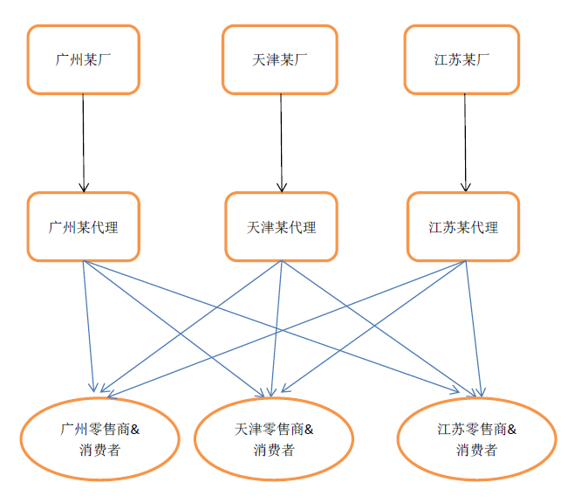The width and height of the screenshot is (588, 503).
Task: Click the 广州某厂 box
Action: pos(84,59)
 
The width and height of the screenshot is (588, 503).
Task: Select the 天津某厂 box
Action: pos(279,59)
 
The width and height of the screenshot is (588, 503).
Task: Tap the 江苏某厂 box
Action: pos(462,59)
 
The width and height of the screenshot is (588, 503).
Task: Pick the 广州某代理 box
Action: pos(84,227)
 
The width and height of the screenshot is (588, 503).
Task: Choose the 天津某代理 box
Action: pos(281,227)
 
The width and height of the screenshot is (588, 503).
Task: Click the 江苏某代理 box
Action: pos(463,227)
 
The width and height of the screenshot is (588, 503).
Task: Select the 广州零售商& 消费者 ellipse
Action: pos(100,439)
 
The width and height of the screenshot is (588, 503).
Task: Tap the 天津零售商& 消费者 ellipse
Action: pos(274,439)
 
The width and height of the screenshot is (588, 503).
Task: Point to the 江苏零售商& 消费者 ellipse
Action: pos(476,439)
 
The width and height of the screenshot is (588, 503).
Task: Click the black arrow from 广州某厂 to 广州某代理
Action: pos(84,140)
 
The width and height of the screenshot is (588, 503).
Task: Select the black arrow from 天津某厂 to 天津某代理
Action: pos(281,140)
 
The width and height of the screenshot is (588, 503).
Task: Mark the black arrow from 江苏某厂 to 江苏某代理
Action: pos(465,140)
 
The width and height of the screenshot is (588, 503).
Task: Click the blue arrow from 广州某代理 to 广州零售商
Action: pos(88,323)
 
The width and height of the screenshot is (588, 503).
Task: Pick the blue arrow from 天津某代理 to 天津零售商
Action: pos(277,323)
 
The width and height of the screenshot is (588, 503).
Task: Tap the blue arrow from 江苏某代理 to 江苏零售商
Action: pos(472,323)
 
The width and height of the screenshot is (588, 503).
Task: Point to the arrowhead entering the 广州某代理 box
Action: pos(84,187)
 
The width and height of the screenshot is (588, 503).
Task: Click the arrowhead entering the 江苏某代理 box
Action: pos(466,187)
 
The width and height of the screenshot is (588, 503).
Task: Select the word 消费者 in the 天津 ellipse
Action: pos(274,451)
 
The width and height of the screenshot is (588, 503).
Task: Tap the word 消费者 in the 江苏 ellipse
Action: pos(476,451)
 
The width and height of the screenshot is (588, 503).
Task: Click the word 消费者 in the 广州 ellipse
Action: pos(99,451)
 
